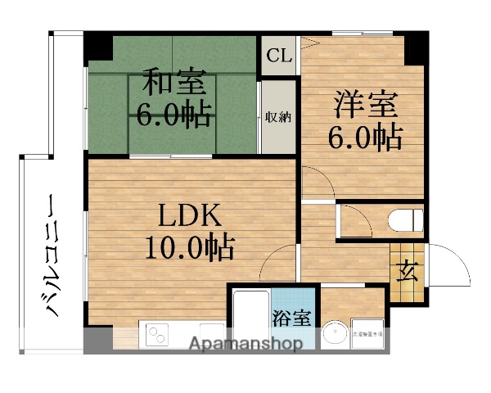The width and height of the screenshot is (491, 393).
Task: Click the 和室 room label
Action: tap(174, 84)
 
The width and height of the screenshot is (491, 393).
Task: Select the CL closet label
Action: tap(279, 56)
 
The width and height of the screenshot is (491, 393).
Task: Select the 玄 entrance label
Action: tap(407, 270)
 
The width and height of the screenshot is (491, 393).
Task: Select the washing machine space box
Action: tap(367, 334)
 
